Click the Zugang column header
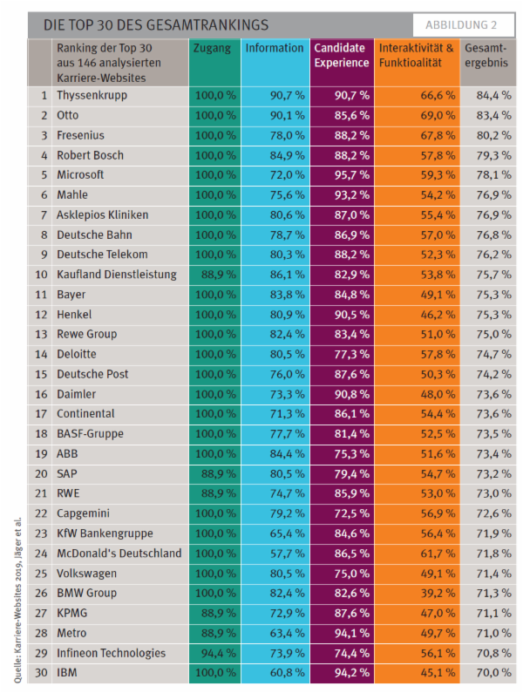(x=214, y=49)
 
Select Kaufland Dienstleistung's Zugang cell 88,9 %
(x=214, y=274)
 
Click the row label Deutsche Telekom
(x=102, y=255)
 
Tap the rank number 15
(x=40, y=374)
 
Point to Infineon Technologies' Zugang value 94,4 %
(x=214, y=652)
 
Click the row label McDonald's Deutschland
(x=119, y=553)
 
